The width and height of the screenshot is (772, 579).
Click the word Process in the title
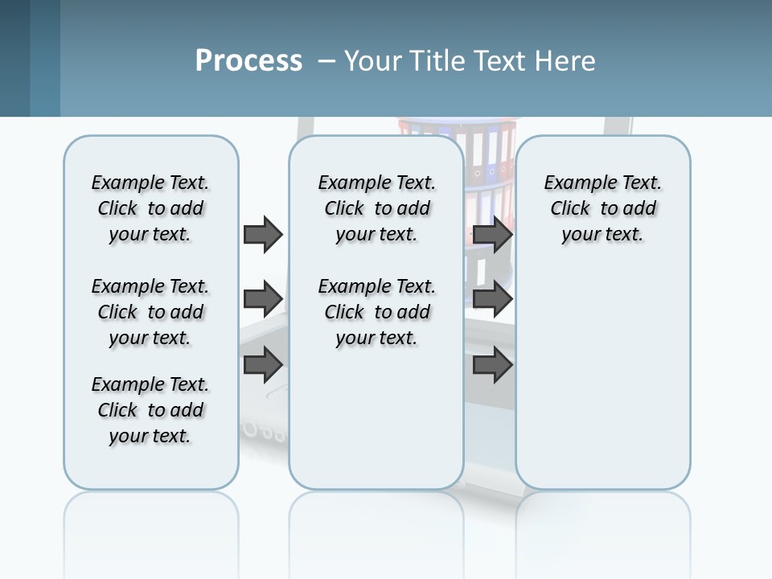click(x=248, y=60)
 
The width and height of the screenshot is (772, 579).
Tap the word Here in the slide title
click(x=566, y=60)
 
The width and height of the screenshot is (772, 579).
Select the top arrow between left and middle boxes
click(x=263, y=234)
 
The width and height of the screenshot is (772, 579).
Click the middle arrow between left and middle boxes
click(x=263, y=299)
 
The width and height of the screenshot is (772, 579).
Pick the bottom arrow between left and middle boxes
click(x=263, y=365)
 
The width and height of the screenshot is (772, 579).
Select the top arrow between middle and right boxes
click(x=492, y=234)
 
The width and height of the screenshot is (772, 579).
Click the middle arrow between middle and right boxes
click(x=492, y=299)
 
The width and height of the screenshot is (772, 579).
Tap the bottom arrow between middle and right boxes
click(x=492, y=365)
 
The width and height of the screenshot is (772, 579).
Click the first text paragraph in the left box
click(x=150, y=208)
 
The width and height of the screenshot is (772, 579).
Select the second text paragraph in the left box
click(x=150, y=312)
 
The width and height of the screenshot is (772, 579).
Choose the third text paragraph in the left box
click(x=150, y=410)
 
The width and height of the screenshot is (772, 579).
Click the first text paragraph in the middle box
click(x=376, y=208)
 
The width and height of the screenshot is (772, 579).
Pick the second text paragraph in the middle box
click(x=376, y=312)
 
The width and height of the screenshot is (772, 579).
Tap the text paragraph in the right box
click(x=602, y=208)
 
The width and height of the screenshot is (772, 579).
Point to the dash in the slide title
click(x=326, y=61)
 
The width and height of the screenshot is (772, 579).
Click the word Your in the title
click(x=372, y=60)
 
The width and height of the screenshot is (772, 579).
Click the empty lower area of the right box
click(x=602, y=386)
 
